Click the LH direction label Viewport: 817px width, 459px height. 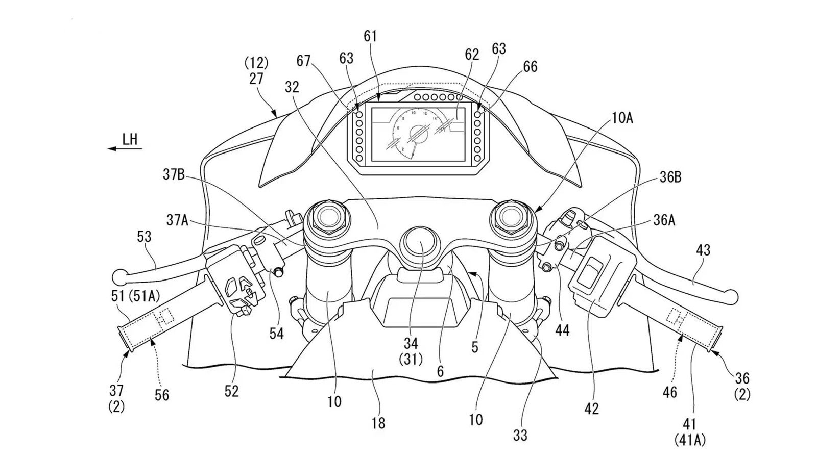[x=130, y=139]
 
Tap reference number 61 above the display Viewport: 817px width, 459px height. [x=370, y=37]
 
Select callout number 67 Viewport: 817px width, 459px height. [x=304, y=61]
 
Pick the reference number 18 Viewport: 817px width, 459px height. [x=378, y=423]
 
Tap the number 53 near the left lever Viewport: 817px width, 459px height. [x=145, y=237]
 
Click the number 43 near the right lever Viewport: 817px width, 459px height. [x=703, y=250]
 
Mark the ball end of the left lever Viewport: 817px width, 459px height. [x=119, y=276]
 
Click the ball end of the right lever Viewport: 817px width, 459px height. [x=731, y=296]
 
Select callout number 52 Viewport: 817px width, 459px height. [x=231, y=391]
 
